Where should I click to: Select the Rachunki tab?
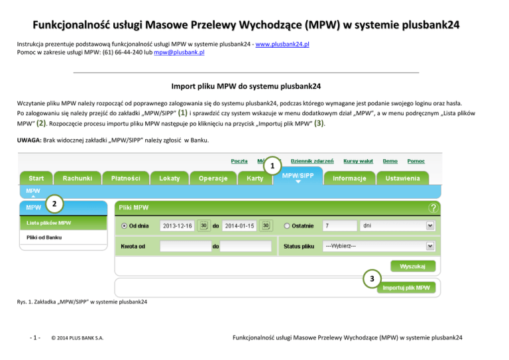pyautogui.click(x=78, y=179)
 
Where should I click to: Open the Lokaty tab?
pyautogui.click(x=169, y=179)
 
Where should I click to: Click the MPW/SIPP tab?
pyautogui.click(x=298, y=176)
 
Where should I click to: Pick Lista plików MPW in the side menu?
pyautogui.click(x=50, y=223)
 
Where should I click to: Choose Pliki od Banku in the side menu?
pyautogui.click(x=45, y=237)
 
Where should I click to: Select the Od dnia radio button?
pyautogui.click(x=124, y=226)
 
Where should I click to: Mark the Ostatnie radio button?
pyautogui.click(x=287, y=226)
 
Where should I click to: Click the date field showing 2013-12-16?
pyautogui.click(x=177, y=226)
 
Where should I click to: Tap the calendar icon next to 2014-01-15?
pyautogui.click(x=265, y=225)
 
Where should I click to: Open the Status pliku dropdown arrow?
pyautogui.click(x=430, y=246)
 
